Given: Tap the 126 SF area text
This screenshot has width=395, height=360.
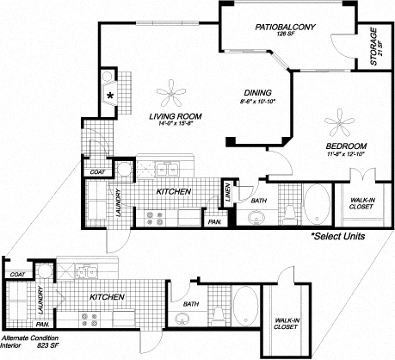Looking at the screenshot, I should (x=286, y=36).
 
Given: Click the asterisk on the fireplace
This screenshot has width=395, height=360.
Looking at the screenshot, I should (x=111, y=95).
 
